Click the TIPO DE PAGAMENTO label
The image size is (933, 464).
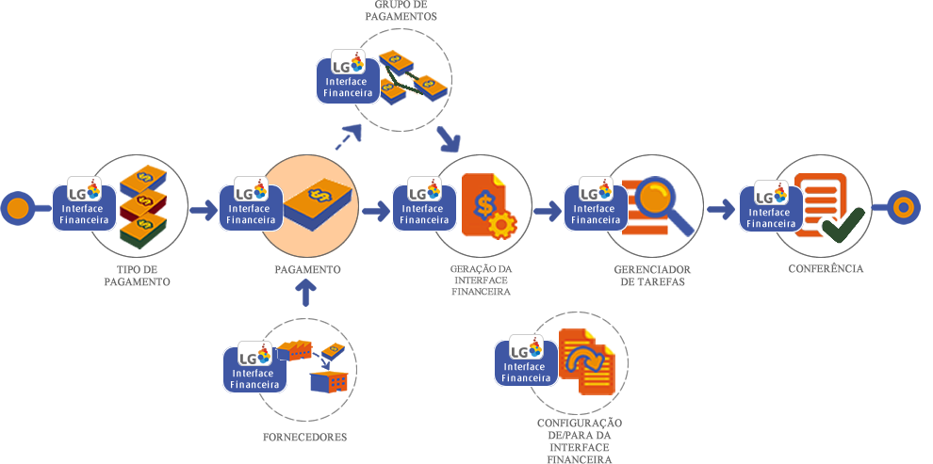click(x=137, y=275)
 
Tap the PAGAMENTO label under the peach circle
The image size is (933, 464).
click(x=307, y=270)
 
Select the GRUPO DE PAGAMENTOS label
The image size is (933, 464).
click(x=400, y=11)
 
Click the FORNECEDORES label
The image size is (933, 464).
click(x=305, y=438)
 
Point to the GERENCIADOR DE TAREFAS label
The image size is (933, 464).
click(x=649, y=275)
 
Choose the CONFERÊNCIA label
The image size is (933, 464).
click(x=827, y=269)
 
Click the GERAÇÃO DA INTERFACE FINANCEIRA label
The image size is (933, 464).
click(x=480, y=280)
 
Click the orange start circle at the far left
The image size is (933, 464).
click(x=16, y=208)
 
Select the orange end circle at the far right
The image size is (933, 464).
click(x=903, y=208)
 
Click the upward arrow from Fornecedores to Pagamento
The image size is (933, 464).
click(x=305, y=295)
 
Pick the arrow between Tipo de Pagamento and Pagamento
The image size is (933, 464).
click(x=203, y=210)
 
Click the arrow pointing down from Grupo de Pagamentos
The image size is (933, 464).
click(x=449, y=140)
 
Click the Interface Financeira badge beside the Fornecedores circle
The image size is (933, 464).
click(x=255, y=369)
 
